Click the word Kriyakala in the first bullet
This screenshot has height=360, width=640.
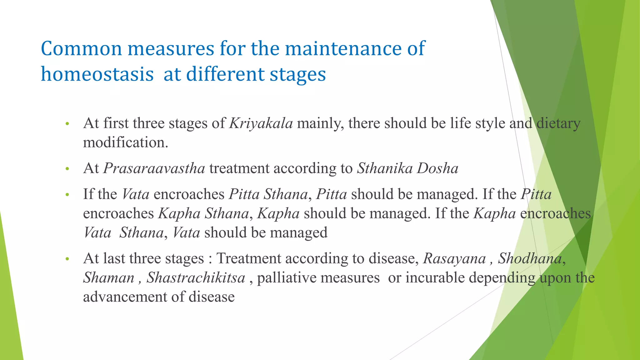point(261,124)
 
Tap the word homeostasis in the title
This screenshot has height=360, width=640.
point(97,75)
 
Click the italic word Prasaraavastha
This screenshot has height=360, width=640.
point(154,169)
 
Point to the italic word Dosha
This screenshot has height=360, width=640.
point(438,169)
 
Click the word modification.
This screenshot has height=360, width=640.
point(125,143)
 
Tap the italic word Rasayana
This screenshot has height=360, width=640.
point(454,259)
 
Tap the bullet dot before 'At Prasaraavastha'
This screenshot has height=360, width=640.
point(67,169)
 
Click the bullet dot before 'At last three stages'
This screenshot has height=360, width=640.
point(67,259)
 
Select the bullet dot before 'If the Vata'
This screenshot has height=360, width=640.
point(67,195)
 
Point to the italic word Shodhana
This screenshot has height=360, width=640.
point(530,259)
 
